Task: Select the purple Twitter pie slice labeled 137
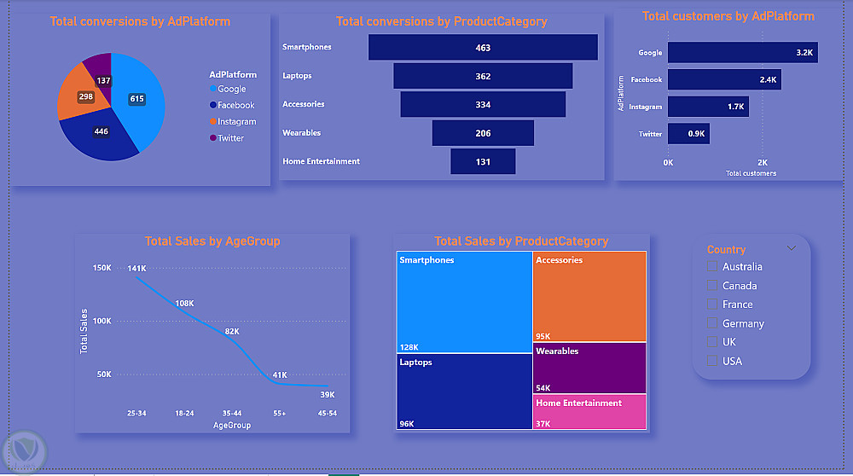coord(99,70)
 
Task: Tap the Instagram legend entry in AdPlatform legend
coord(236,122)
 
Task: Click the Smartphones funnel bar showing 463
coord(483,48)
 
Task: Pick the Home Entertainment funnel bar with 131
coord(483,161)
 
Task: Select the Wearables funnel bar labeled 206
coord(483,133)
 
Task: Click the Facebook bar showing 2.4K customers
coord(724,79)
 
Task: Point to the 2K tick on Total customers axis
coord(763,162)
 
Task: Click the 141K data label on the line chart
coord(136,269)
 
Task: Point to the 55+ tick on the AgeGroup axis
coord(279,413)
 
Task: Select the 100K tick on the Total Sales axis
coord(102,321)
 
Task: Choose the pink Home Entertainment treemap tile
coord(589,412)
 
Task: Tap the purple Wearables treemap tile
coord(589,368)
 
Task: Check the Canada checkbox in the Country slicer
coord(712,286)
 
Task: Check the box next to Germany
coord(712,323)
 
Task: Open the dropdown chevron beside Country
coord(792,248)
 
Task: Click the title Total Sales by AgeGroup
coord(212,241)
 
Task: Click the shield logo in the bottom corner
coord(24,450)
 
